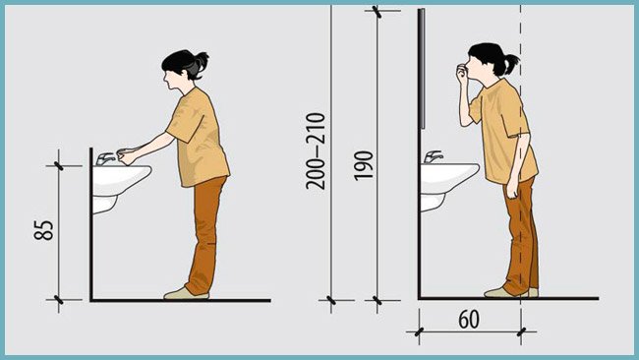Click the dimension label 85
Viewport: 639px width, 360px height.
click(43, 230)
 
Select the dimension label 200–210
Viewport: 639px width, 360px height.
click(316, 151)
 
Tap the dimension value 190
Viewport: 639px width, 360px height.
click(364, 165)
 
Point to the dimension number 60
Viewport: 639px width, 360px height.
click(469, 320)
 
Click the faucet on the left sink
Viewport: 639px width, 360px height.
click(105, 158)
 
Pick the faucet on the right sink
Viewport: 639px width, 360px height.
click(434, 157)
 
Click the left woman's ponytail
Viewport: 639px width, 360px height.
click(202, 62)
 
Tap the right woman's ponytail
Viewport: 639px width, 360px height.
click(511, 63)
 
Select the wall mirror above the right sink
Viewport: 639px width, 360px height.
click(422, 69)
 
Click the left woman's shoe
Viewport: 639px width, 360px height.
click(186, 293)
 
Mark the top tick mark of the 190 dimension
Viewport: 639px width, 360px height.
click(378, 12)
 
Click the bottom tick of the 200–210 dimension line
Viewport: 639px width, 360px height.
click(331, 300)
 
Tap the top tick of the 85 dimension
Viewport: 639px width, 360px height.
click(59, 166)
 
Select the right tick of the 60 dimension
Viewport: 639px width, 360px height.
click(521, 331)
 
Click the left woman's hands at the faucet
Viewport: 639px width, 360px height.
click(126, 156)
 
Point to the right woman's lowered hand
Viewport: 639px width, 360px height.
click(512, 191)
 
